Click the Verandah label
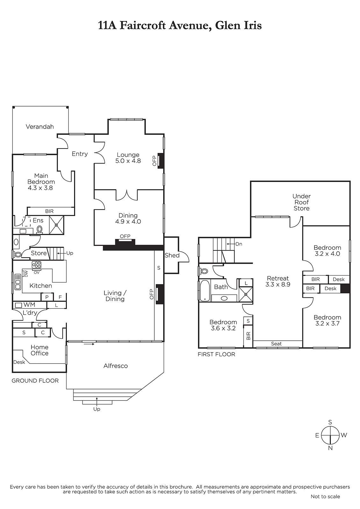tap(40, 127)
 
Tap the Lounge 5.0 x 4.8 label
tap(128, 158)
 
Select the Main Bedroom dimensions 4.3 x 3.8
tap(40, 188)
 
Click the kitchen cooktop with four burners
tap(37, 265)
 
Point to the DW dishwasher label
tap(26, 274)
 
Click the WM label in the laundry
tap(29, 305)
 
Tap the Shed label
tap(172, 255)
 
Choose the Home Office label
tap(39, 350)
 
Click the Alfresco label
tap(116, 366)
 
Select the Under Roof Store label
tap(301, 202)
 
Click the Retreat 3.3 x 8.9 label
tap(278, 281)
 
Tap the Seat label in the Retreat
tap(276, 344)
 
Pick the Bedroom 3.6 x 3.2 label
tap(223, 325)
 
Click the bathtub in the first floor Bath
tap(205, 291)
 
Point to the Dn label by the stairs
tap(239, 244)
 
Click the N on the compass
tap(330, 448)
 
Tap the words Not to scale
tap(325, 497)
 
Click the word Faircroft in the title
tap(143, 25)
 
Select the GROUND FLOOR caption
tap(35, 380)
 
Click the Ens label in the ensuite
tap(38, 220)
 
